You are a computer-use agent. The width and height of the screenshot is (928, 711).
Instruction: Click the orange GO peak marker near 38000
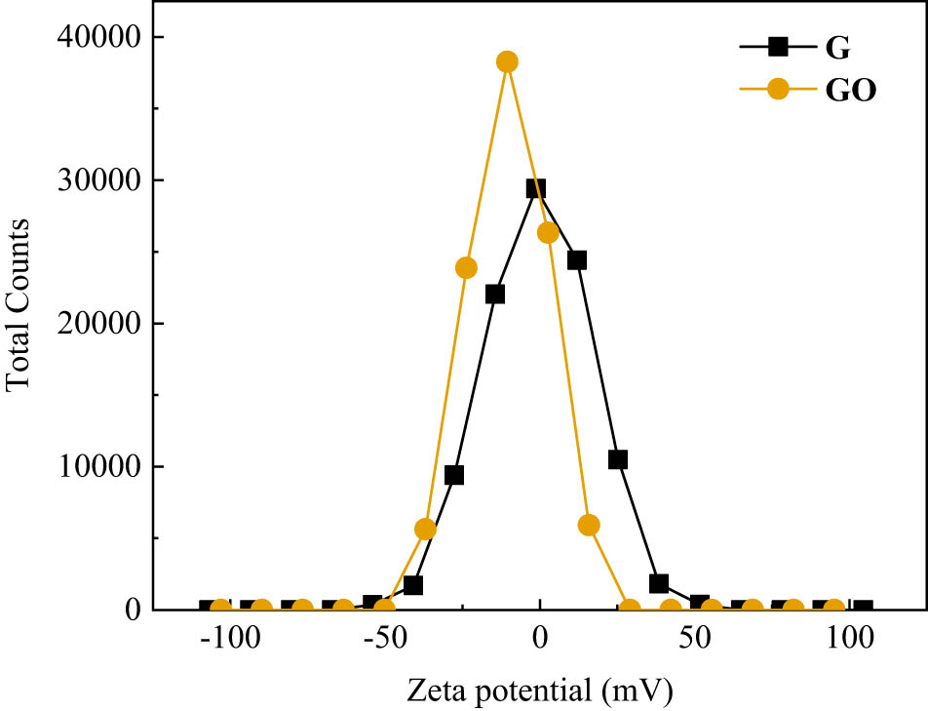pyautogui.click(x=507, y=61)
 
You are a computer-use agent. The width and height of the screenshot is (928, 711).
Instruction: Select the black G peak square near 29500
pyautogui.click(x=536, y=188)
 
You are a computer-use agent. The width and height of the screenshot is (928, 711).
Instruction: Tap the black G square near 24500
pyautogui.click(x=576, y=260)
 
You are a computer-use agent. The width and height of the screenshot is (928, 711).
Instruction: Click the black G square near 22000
pyautogui.click(x=495, y=294)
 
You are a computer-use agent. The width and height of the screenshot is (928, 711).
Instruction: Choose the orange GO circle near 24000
pyautogui.click(x=466, y=267)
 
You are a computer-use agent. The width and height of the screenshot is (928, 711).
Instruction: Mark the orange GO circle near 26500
pyautogui.click(x=548, y=232)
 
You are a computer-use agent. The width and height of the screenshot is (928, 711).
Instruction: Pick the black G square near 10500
pyautogui.click(x=617, y=459)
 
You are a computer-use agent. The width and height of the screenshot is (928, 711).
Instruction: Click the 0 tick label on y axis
pyautogui.click(x=132, y=610)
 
